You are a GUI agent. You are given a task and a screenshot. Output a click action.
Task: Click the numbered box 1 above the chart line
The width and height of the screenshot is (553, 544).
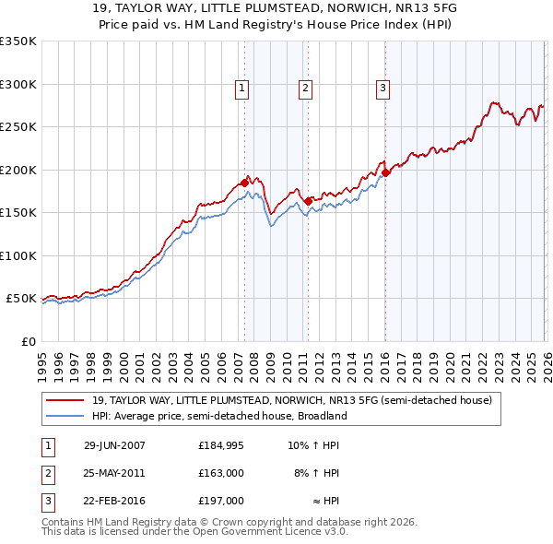241,89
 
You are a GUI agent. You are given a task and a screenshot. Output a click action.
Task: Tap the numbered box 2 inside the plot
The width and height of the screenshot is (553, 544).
305,89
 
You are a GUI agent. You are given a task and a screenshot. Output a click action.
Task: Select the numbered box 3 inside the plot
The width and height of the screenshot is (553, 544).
382,89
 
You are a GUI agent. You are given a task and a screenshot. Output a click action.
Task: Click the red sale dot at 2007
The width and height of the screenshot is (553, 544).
245,183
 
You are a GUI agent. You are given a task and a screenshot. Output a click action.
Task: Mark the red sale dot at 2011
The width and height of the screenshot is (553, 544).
308,201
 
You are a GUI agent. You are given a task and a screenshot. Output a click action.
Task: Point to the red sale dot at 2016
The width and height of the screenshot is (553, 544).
385,172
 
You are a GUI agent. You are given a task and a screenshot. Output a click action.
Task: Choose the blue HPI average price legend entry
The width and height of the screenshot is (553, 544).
218,416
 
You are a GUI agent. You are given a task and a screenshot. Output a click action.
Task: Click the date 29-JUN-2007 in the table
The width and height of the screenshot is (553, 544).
114,444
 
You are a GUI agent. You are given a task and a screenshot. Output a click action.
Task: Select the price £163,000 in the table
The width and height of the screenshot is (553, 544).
221,473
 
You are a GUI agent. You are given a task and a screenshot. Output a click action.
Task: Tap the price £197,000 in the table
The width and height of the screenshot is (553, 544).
221,501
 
